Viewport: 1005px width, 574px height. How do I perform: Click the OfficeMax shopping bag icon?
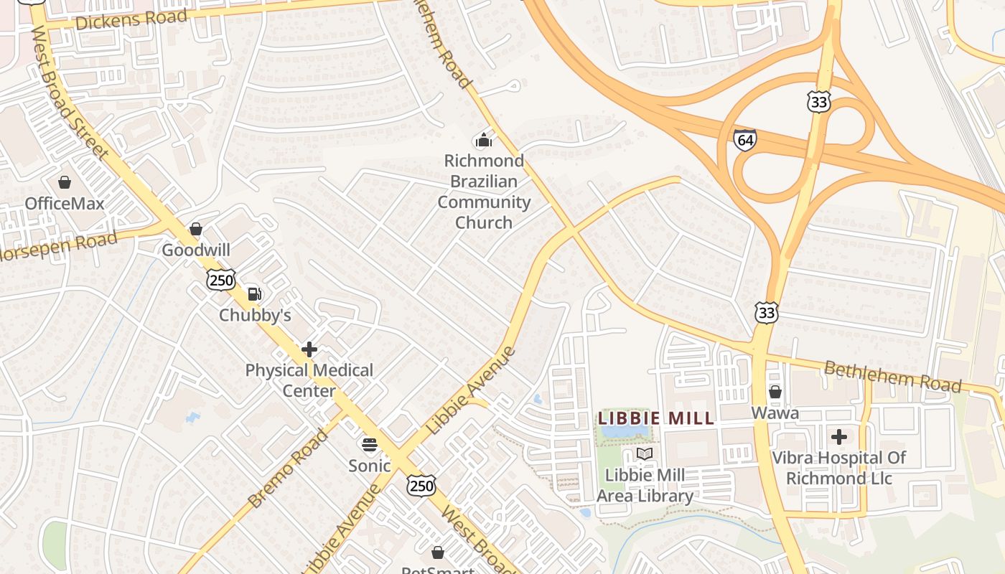point(65,182)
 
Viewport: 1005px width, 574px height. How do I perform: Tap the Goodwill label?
point(196,250)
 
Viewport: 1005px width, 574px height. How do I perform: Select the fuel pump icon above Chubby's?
point(254,293)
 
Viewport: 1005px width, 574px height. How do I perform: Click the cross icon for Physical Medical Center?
point(309,349)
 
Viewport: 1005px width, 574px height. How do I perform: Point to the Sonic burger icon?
point(370,445)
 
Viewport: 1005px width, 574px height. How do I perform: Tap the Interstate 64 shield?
point(745,139)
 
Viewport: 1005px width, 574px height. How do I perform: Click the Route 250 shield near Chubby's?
point(221,280)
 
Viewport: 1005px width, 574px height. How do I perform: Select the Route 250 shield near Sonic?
point(421,486)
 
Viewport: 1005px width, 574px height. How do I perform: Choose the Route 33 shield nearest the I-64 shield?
point(818,102)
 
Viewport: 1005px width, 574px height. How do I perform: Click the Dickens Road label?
point(131,19)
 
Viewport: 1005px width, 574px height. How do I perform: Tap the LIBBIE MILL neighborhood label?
point(656,418)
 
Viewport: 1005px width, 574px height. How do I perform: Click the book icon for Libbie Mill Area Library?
point(645,454)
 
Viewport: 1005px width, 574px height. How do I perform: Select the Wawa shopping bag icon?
point(775,392)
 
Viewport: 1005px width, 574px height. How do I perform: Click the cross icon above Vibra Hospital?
point(838,436)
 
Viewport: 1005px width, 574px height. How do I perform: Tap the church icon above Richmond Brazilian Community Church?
point(484,139)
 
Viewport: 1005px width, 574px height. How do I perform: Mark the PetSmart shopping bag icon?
point(438,552)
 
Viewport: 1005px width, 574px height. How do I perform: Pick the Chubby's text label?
point(255,315)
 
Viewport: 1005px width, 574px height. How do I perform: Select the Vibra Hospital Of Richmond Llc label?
point(838,468)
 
